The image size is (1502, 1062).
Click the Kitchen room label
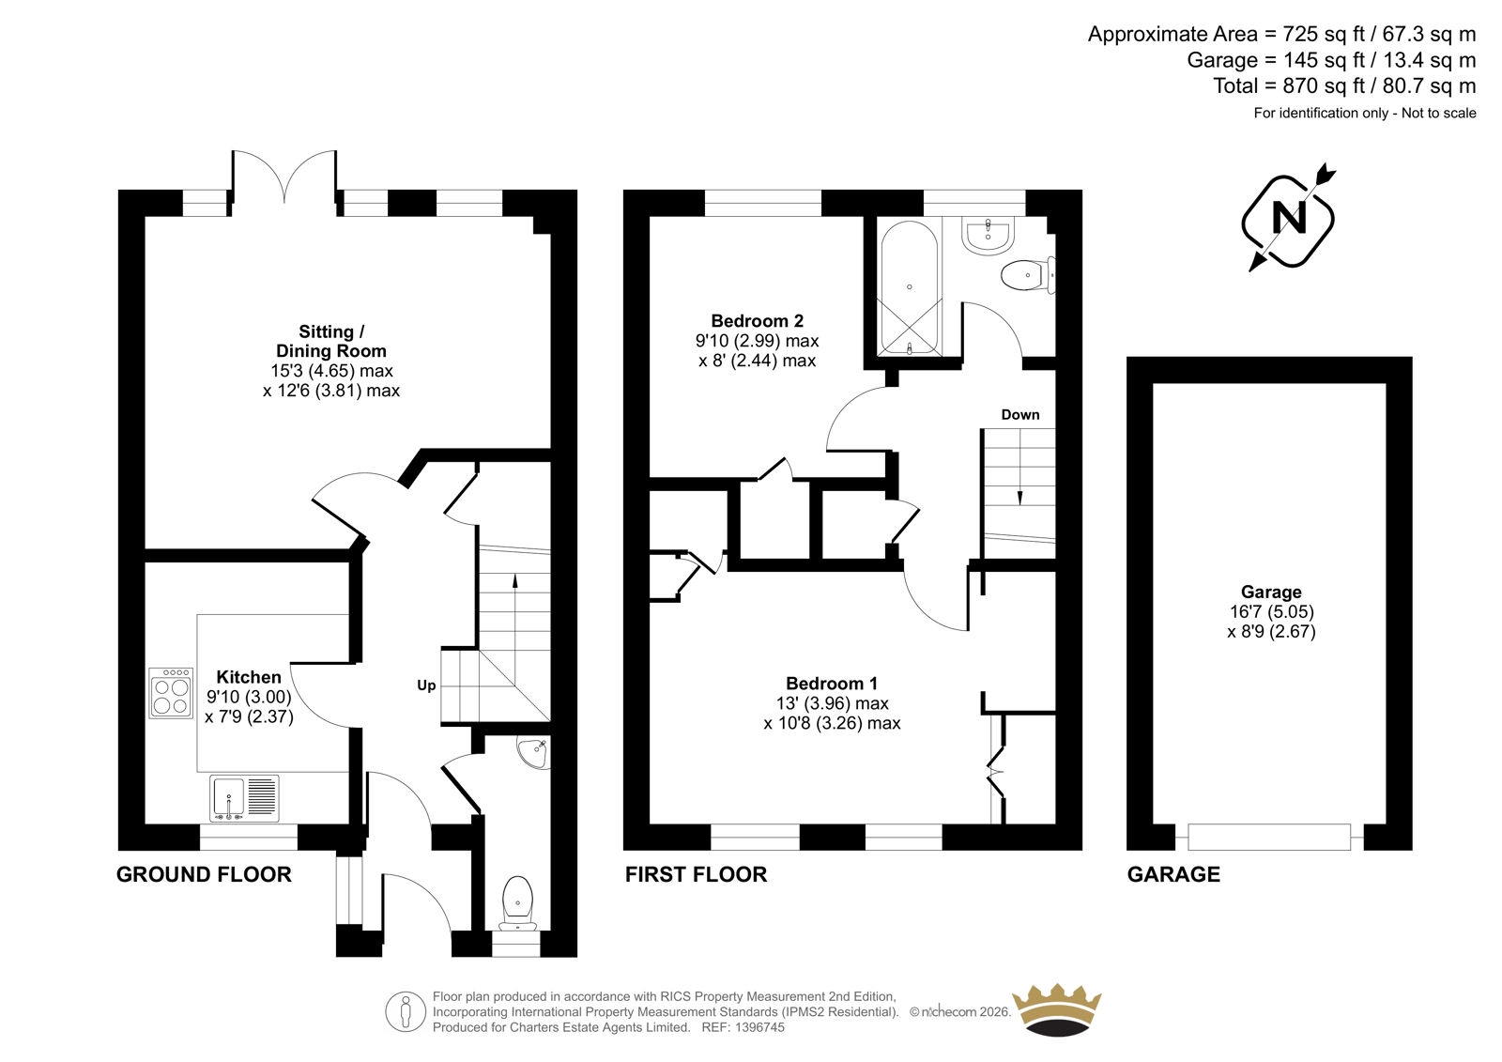[x=249, y=677]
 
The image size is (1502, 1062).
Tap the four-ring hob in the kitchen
[x=170, y=693]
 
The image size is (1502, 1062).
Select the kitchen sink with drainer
[x=244, y=798]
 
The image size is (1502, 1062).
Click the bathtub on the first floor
[x=910, y=287]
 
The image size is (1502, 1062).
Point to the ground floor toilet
[x=517, y=903]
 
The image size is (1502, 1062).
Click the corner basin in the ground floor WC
[x=534, y=752]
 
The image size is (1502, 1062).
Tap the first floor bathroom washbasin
[x=988, y=236]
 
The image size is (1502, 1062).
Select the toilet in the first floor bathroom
[x=1028, y=275]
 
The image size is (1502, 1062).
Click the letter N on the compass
[x=1288, y=218]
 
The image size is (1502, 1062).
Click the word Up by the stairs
[x=426, y=685]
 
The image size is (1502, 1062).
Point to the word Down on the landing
[x=1019, y=415]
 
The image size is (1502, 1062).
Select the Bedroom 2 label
[x=757, y=321]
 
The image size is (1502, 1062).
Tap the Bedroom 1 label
[x=832, y=684]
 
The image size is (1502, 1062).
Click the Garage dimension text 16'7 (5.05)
[x=1271, y=612]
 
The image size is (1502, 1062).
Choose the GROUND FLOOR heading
[x=204, y=875]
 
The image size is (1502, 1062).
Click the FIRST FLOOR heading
[x=696, y=875]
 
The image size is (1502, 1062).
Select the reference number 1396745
[x=759, y=1027]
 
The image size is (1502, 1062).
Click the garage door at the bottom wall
[x=1269, y=838]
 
